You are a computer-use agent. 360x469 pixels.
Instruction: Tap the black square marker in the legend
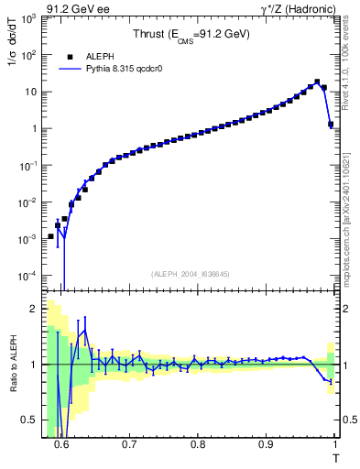(70, 56)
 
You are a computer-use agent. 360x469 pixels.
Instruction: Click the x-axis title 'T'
(335, 458)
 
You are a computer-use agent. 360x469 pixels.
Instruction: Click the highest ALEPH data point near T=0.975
(317, 82)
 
